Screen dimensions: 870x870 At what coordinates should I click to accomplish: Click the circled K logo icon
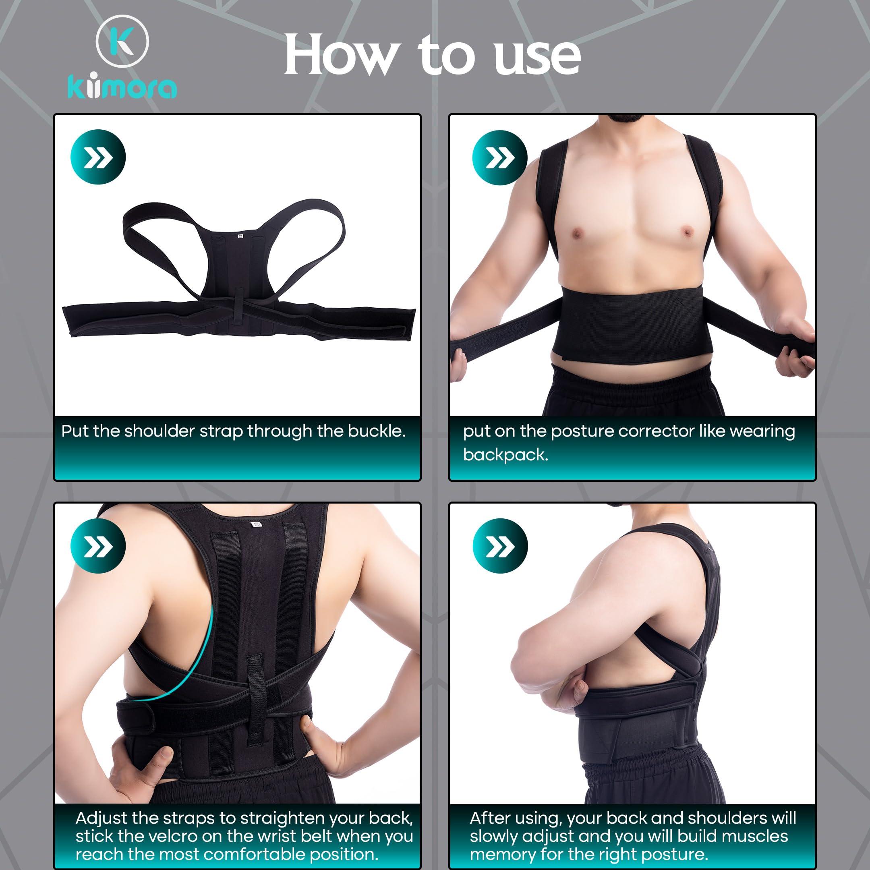pyautogui.click(x=122, y=42)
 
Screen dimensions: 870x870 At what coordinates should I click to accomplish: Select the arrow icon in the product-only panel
pyautogui.click(x=98, y=157)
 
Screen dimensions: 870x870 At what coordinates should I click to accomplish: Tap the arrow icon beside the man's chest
pyautogui.click(x=500, y=157)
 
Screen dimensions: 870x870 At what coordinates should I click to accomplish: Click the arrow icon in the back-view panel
pyautogui.click(x=98, y=546)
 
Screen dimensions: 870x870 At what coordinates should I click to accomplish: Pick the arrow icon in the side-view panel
pyautogui.click(x=500, y=546)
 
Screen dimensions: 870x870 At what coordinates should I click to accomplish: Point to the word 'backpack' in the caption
pyautogui.click(x=505, y=455)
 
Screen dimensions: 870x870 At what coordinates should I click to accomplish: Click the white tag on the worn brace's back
pyautogui.click(x=255, y=524)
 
